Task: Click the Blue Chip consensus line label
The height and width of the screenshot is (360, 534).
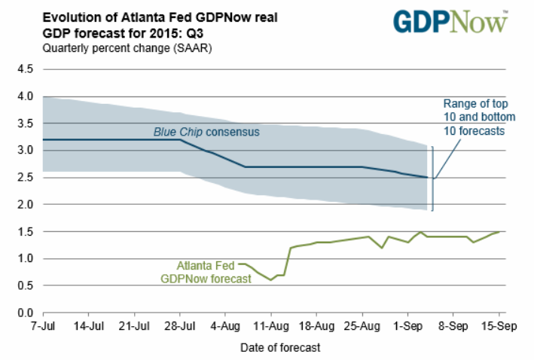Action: point(206,132)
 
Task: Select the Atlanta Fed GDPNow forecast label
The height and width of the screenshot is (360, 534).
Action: point(205,272)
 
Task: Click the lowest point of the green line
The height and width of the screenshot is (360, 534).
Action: point(271,280)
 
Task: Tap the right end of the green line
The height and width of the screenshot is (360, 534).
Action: point(499,231)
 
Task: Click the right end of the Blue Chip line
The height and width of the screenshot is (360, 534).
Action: point(429,178)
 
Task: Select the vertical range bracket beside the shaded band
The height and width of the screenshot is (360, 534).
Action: point(432,178)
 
